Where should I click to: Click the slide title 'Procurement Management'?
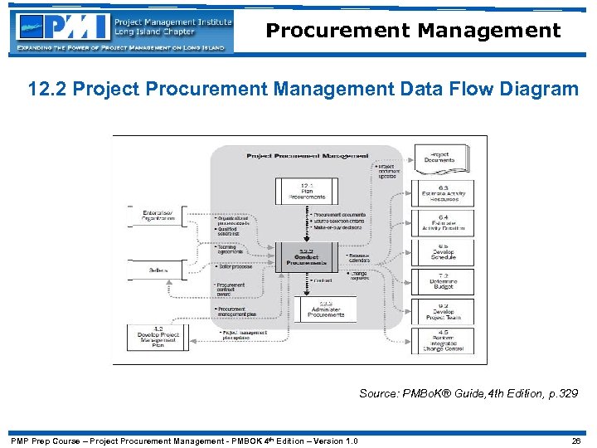click(x=413, y=32)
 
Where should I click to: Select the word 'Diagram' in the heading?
click(x=536, y=89)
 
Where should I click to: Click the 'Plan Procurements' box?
click(x=306, y=191)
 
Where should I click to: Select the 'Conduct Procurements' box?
click(x=306, y=257)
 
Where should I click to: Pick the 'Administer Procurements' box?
click(x=325, y=309)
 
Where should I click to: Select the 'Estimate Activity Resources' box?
click(x=444, y=192)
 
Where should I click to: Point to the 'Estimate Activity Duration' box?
click(x=444, y=223)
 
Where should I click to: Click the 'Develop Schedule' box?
click(x=444, y=252)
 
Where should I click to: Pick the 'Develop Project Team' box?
click(x=444, y=310)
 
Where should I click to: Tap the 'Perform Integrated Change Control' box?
click(x=444, y=340)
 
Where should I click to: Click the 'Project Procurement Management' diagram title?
click(x=307, y=155)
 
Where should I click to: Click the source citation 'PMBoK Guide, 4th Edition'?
click(x=468, y=393)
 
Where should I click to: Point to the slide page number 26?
click(x=575, y=441)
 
